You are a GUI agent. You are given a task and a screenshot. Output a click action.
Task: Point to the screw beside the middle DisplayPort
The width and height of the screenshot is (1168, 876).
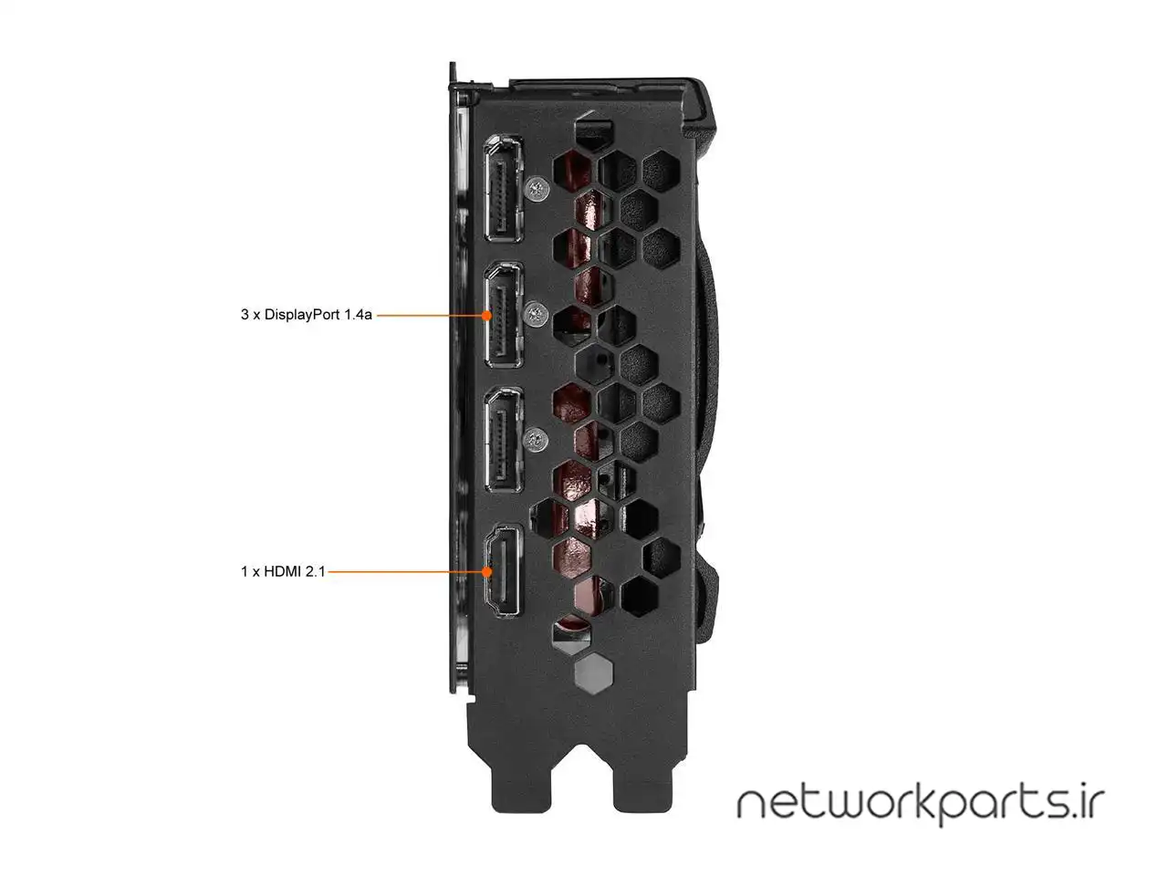537,314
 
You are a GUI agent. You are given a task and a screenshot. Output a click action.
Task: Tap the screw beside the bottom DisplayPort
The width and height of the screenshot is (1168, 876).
538,439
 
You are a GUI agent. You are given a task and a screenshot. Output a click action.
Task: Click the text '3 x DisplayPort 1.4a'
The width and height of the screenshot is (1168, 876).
306,315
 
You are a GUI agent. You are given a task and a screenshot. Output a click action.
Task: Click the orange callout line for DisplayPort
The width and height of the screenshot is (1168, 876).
429,315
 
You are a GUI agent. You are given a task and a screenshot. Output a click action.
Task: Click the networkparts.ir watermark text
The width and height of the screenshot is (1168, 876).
920,802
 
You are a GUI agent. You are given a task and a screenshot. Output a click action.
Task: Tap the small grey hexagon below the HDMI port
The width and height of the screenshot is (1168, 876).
591,673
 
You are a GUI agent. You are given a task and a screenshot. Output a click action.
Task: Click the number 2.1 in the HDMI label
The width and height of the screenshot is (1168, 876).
314,571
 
